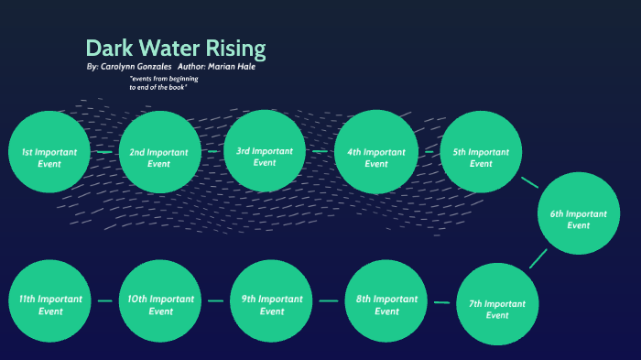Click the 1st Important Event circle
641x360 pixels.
coord(49,152)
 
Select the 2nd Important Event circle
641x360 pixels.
coord(159,152)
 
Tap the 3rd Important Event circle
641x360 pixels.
coord(265,151)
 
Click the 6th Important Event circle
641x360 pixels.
coord(579,213)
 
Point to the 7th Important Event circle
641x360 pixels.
coord(497,304)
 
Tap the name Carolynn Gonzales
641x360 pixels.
coord(136,68)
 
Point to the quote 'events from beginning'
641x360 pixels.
coord(164,80)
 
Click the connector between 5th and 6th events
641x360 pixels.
coord(529,181)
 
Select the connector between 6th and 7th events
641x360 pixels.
coord(538,257)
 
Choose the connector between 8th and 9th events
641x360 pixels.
coord(329,300)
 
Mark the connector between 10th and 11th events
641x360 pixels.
coord(104,300)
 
